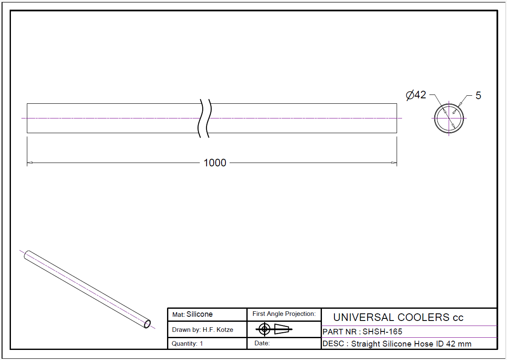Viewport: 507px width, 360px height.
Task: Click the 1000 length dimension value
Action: [x=215, y=163]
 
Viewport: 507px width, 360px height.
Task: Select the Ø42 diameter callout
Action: [x=416, y=95]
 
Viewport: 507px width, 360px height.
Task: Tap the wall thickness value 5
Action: [x=478, y=96]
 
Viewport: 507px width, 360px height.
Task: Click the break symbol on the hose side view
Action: [x=205, y=118]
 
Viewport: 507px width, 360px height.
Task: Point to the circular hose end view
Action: [x=449, y=104]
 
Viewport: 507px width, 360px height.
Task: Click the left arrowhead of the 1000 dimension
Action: [x=30, y=163]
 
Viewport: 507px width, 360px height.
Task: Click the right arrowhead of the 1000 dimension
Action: [x=394, y=163]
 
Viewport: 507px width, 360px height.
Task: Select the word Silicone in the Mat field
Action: [x=199, y=314]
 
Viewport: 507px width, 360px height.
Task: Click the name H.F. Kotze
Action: [x=218, y=330]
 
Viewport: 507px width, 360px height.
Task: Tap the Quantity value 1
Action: [x=201, y=344]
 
